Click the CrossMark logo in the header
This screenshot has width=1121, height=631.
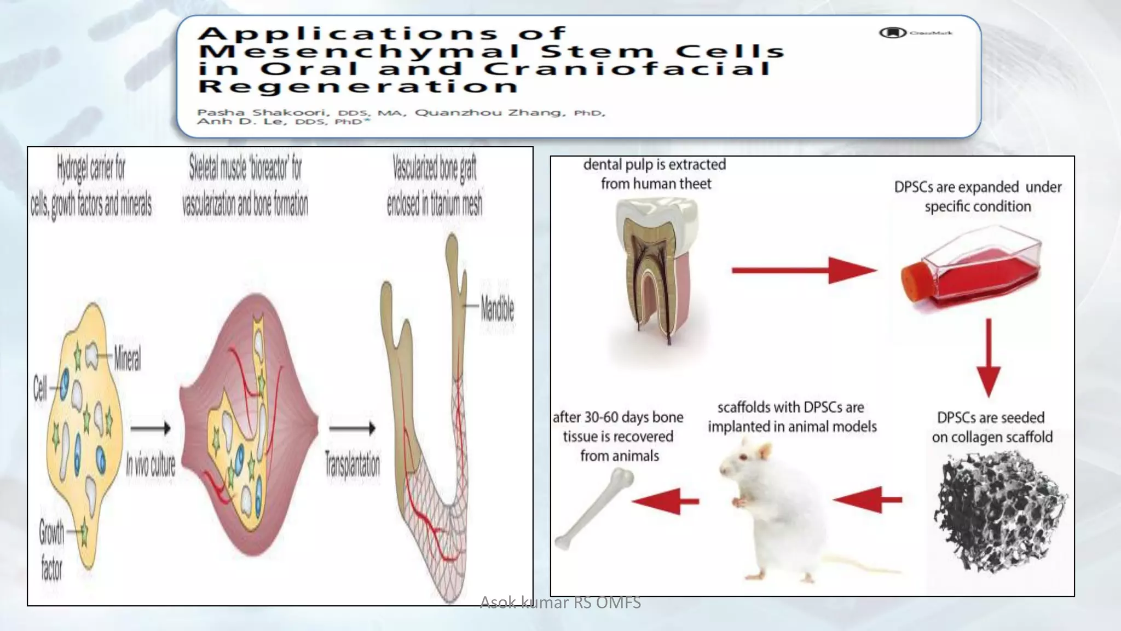click(x=893, y=33)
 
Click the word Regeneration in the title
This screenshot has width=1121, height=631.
click(x=358, y=87)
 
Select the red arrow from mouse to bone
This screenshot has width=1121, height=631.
click(x=665, y=501)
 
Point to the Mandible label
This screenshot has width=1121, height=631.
click(x=497, y=308)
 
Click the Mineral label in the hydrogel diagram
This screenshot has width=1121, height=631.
click(x=127, y=359)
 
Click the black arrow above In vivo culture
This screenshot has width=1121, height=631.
click(x=151, y=428)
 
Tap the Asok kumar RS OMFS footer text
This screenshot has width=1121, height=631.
click(x=560, y=603)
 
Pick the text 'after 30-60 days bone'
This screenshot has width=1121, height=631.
click(x=618, y=417)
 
